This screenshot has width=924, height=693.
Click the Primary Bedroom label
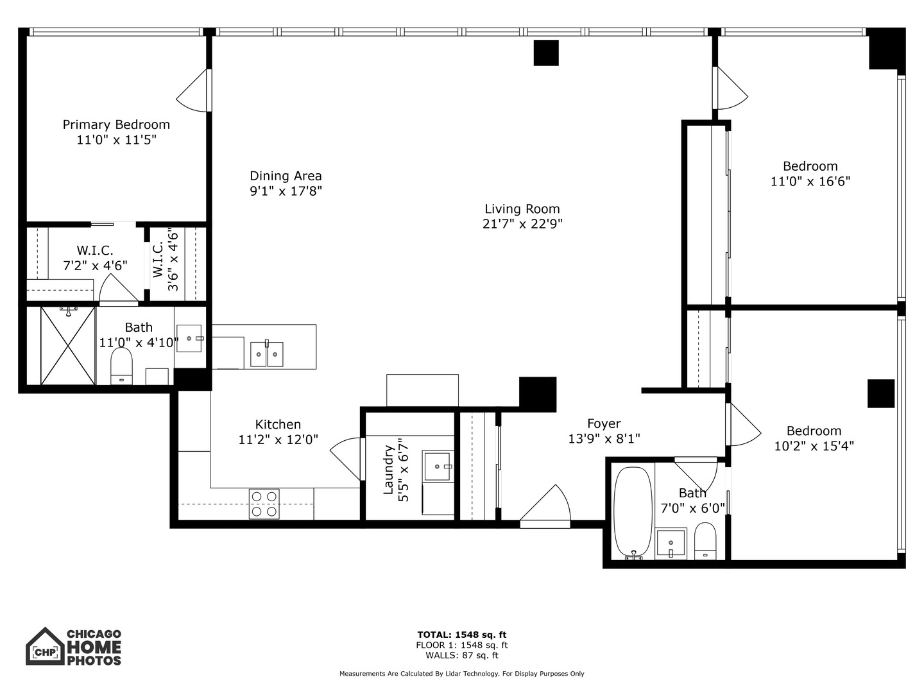tap(116, 124)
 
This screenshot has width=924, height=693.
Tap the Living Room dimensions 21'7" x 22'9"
tap(522, 224)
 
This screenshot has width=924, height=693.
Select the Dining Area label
tap(286, 176)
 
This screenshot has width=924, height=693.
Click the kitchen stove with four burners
tap(264, 504)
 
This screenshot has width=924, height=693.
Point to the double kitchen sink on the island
tap(266, 354)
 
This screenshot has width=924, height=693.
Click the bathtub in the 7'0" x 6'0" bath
tap(633, 513)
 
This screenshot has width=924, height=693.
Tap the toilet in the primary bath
tap(121, 366)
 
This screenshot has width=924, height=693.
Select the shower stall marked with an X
tap(68, 346)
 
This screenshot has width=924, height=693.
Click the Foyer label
tap(604, 424)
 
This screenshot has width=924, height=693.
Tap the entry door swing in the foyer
tap(547, 507)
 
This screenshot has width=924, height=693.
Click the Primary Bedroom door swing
tap(194, 91)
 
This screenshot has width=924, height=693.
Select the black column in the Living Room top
tap(546, 53)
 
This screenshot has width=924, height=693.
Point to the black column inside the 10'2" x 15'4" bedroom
tap(881, 393)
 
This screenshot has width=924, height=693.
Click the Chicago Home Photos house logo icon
tap(45, 647)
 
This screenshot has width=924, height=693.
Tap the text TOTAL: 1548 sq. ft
tap(461, 635)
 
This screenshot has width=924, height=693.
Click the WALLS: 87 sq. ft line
tap(461, 655)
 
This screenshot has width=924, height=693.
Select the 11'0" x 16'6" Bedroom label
tap(810, 166)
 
